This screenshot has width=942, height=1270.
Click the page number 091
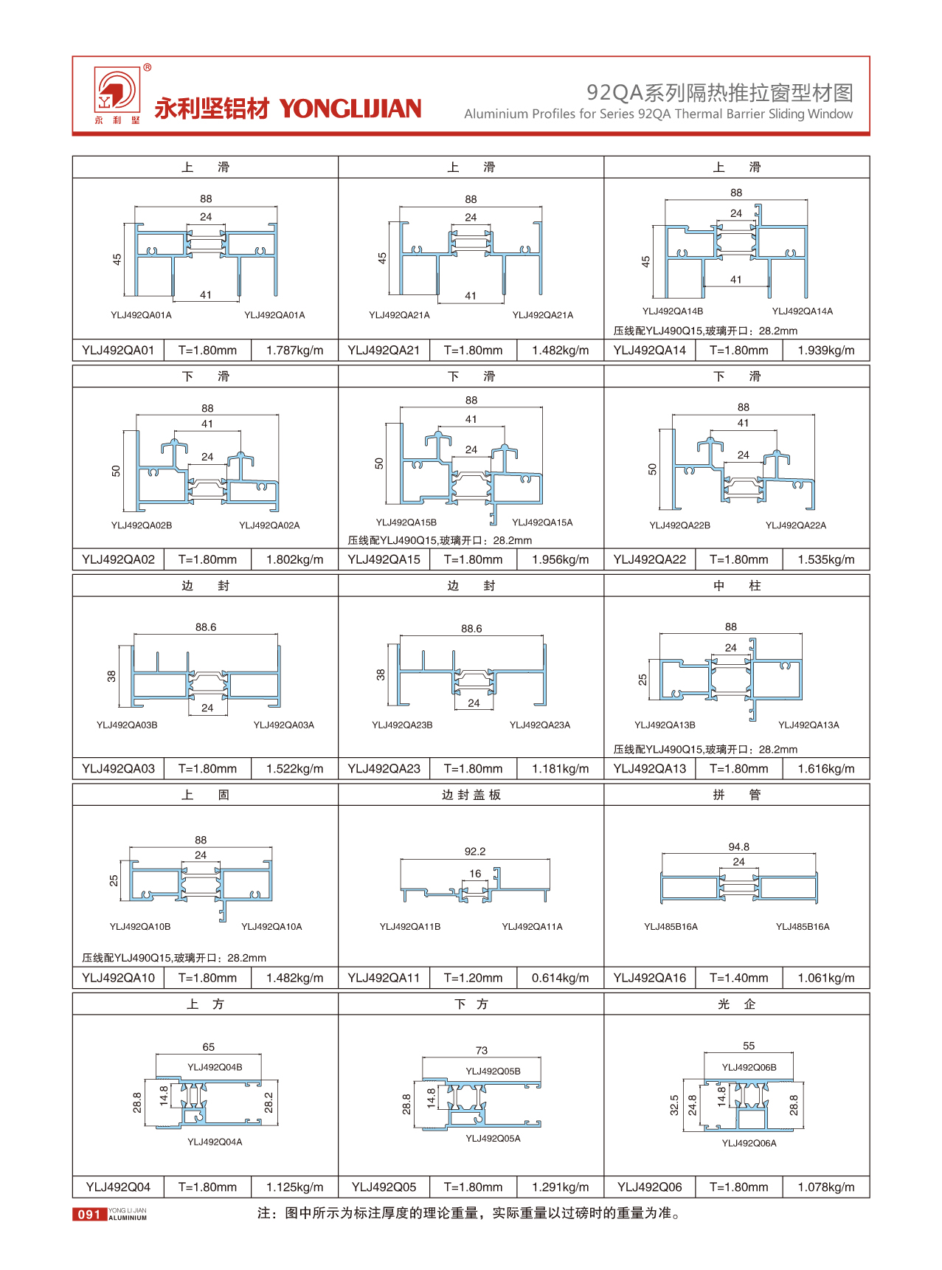(x=89, y=1214)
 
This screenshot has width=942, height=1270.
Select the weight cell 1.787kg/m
(x=294, y=351)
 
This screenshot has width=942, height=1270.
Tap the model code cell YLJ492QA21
(x=384, y=351)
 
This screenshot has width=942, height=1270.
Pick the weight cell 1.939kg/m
(x=825, y=351)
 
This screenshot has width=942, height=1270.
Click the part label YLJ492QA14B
(x=672, y=311)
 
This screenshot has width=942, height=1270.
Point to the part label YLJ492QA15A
(x=542, y=522)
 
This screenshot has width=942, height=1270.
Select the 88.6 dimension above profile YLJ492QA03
(x=206, y=627)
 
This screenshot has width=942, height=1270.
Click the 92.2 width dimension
(x=475, y=852)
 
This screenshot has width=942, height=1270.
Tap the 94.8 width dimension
(x=738, y=847)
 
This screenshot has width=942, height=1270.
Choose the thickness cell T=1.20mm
(x=473, y=978)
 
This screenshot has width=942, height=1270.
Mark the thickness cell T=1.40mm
(x=738, y=978)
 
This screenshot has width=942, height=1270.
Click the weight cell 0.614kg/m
(x=560, y=978)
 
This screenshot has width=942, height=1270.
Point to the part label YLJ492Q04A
(x=215, y=1142)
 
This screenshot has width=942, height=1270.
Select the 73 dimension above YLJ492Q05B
(x=482, y=1050)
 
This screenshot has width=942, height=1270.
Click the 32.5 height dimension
(x=674, y=1105)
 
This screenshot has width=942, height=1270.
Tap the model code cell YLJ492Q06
(x=649, y=1187)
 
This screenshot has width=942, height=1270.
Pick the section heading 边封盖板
(x=471, y=795)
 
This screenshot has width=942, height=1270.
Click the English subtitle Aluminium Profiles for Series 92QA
(x=658, y=114)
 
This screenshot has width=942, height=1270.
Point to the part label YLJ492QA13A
(x=808, y=725)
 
